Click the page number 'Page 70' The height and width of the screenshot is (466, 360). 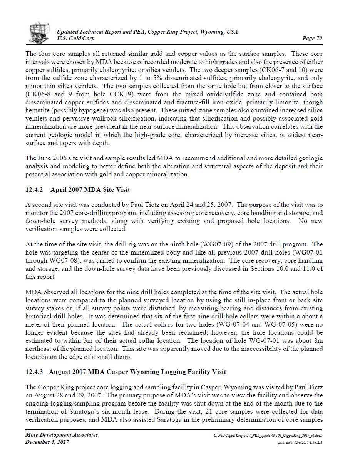point(312,38)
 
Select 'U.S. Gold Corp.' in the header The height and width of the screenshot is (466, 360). point(76,38)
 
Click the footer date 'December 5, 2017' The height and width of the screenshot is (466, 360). point(47,442)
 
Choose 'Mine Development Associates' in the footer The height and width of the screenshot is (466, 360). point(62,435)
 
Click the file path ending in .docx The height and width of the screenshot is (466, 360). point(268,435)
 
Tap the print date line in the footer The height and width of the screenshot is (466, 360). point(300,443)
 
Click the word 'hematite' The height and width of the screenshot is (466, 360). point(37,111)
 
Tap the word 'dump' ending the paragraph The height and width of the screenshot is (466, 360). point(124,357)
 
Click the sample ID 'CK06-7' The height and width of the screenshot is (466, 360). point(279,70)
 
